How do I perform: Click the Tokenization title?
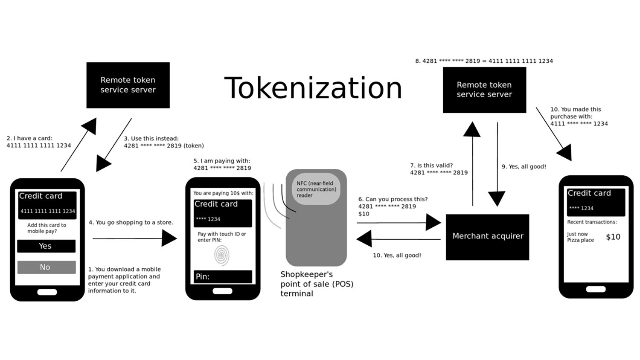click(313, 88)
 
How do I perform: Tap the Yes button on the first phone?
click(46, 246)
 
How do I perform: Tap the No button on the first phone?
click(46, 267)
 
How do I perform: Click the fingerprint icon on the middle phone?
click(221, 255)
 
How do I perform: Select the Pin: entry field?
click(223, 276)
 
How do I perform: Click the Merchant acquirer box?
click(487, 237)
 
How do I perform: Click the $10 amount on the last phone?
click(613, 237)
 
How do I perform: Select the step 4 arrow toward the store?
click(134, 238)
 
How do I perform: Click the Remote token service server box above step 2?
click(128, 85)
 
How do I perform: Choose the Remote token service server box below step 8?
click(484, 90)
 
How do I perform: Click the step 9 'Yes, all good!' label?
click(524, 167)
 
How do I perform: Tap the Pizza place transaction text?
click(580, 240)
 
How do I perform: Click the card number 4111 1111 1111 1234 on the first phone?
click(47, 211)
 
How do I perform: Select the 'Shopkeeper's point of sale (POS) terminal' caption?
click(317, 284)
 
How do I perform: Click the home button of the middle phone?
click(222, 291)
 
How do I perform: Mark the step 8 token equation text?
click(484, 61)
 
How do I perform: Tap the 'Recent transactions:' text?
click(592, 222)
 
